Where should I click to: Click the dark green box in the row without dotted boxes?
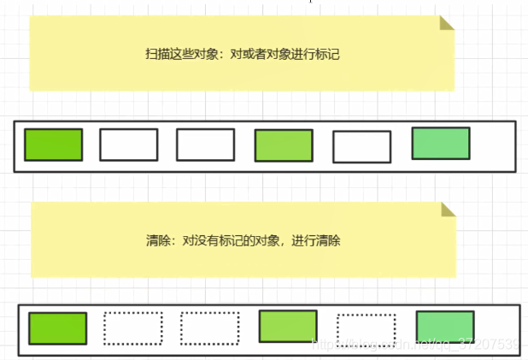[53, 145]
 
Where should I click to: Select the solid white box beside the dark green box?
[128, 145]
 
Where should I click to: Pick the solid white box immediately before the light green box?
[205, 145]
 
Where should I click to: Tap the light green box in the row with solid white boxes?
[284, 146]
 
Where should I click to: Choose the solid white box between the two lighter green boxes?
[361, 147]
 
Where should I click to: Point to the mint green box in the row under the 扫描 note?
[441, 144]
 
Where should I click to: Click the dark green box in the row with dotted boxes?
[57, 328]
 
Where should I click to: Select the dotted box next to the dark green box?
[132, 328]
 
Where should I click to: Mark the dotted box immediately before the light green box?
[209, 328]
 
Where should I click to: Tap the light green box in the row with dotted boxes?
[288, 327]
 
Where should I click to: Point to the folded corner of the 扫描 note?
[447, 22]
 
